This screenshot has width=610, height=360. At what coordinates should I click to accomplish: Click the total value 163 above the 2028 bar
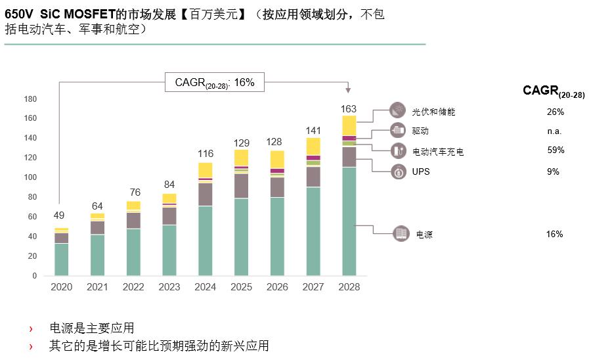(x=349, y=108)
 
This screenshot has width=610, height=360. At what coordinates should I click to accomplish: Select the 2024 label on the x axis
(x=205, y=287)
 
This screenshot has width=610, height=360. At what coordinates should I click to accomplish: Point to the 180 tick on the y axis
(x=30, y=99)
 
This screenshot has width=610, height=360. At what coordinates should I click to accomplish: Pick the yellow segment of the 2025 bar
(x=242, y=158)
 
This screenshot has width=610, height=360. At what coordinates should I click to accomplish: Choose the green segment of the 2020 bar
(x=62, y=259)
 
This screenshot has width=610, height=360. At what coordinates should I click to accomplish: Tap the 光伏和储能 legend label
(x=433, y=112)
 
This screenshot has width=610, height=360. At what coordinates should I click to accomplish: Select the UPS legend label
(x=421, y=171)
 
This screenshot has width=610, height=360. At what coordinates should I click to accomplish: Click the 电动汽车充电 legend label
(x=438, y=152)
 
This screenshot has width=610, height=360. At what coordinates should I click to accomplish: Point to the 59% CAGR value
(x=556, y=150)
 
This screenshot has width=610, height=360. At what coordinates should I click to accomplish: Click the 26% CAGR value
(x=556, y=112)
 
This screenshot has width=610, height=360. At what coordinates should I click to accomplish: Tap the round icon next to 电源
(x=401, y=234)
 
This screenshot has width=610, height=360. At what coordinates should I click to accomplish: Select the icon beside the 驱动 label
(x=399, y=131)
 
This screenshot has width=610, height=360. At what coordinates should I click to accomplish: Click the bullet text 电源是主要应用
(x=92, y=328)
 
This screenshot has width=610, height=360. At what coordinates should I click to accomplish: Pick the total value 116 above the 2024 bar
(x=206, y=154)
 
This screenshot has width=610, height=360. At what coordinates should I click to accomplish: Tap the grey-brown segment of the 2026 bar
(x=277, y=187)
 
